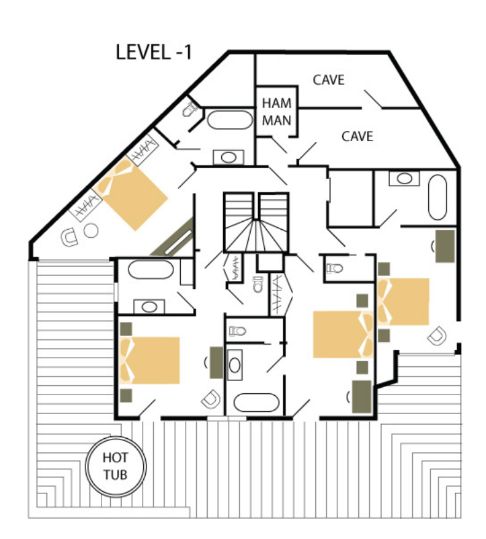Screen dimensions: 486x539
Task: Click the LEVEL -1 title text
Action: click(x=154, y=52)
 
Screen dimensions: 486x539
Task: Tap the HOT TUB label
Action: click(x=116, y=466)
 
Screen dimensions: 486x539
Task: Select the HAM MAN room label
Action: click(x=277, y=112)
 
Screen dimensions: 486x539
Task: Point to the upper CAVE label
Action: click(x=329, y=80)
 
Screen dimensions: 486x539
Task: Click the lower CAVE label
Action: click(x=357, y=136)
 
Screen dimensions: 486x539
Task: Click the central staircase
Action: click(x=256, y=222)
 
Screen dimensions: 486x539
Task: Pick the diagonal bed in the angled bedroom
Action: click(x=130, y=194)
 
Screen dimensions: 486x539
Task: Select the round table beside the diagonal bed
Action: click(x=91, y=231)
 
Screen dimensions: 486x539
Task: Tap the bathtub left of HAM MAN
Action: click(x=230, y=120)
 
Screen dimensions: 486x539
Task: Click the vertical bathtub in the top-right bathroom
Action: click(x=438, y=198)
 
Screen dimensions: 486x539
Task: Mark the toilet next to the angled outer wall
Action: click(x=190, y=110)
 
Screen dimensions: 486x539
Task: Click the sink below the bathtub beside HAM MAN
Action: click(x=229, y=158)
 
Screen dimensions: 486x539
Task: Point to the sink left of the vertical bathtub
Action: click(x=404, y=179)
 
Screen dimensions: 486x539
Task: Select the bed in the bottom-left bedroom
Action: click(x=150, y=360)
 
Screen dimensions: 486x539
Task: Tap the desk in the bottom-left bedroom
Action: click(x=216, y=363)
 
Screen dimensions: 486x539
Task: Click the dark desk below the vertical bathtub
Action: click(x=445, y=246)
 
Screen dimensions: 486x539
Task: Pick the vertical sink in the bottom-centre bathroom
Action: click(x=235, y=365)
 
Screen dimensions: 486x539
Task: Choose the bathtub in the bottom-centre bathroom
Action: click(x=256, y=403)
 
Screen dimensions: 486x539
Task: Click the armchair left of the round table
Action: click(x=69, y=237)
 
